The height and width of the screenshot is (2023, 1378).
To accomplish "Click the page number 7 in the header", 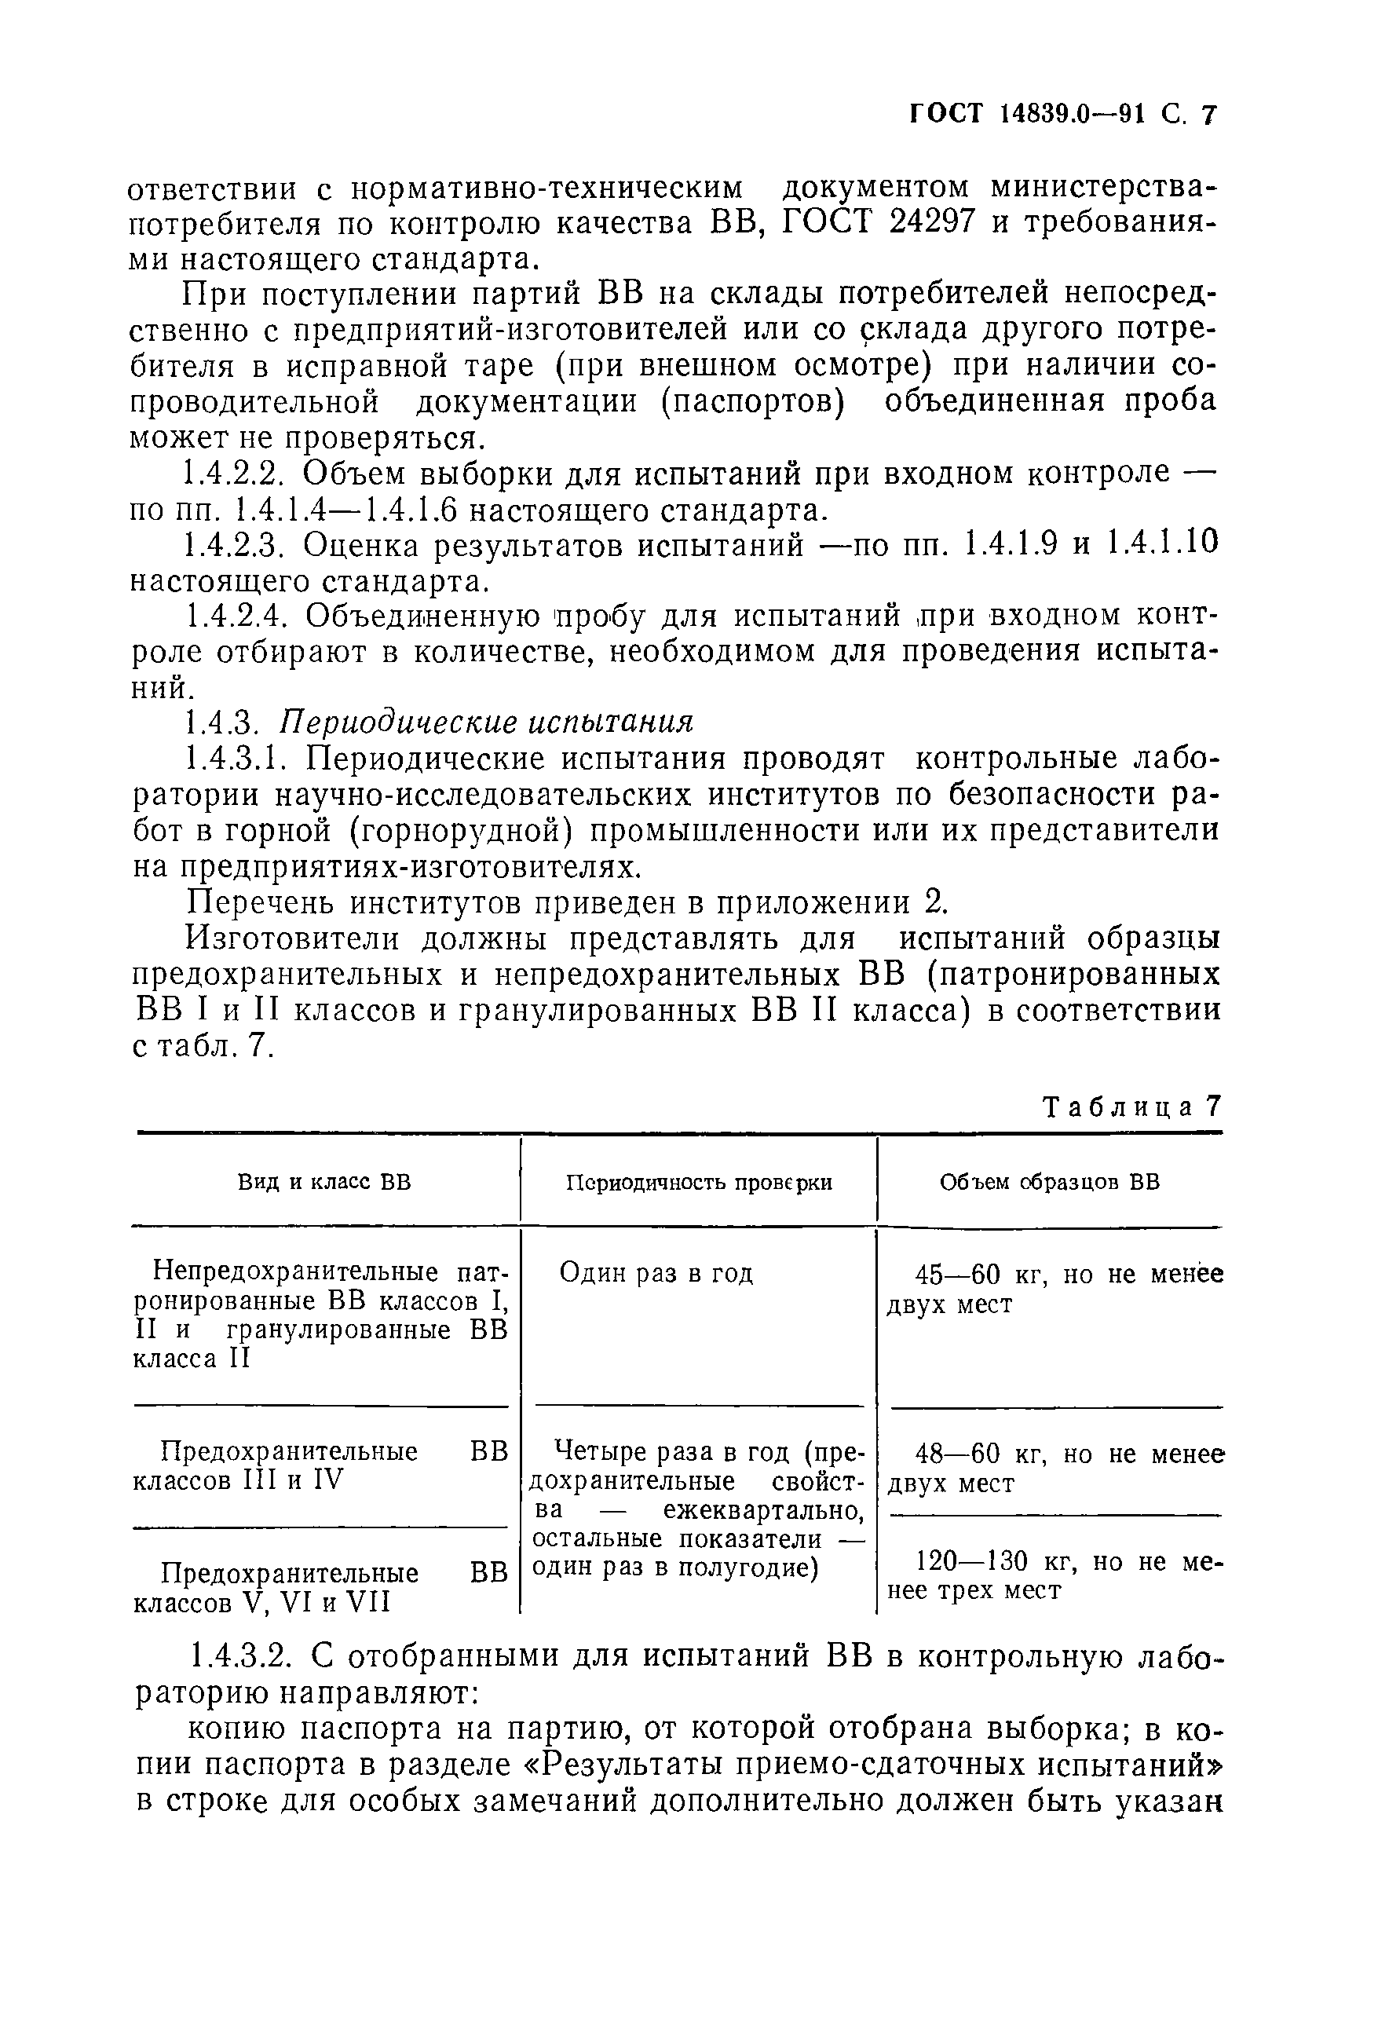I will tap(1208, 115).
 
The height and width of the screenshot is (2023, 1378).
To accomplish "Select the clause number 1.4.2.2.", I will tap(232, 474).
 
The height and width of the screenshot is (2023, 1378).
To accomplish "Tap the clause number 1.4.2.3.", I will tap(232, 546).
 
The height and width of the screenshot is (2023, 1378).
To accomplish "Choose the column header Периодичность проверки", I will tap(698, 1182).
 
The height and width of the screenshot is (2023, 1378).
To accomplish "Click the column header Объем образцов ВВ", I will tap(1049, 1182).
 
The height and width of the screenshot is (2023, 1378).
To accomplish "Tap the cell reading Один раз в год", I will tap(656, 1274).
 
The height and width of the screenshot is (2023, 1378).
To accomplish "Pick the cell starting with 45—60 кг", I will tap(1053, 1288).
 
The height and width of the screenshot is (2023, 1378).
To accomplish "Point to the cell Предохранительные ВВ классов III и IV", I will tap(320, 1466).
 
